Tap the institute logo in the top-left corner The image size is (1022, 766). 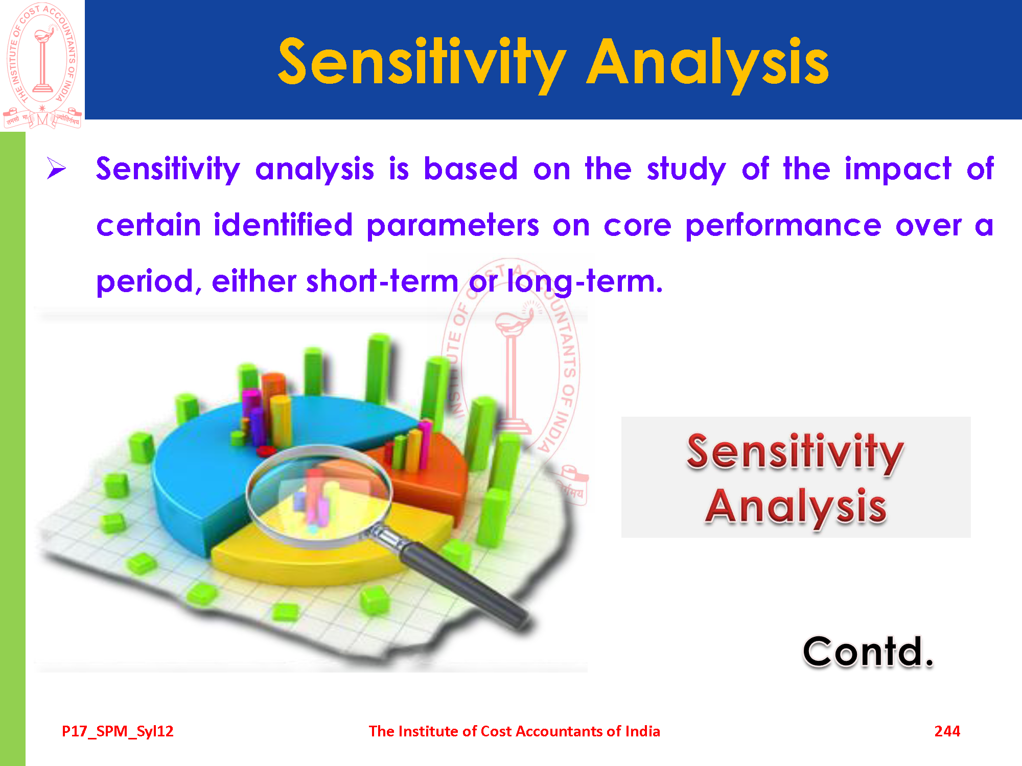pos(42,65)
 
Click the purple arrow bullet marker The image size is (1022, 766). pos(57,169)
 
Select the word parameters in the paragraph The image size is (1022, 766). pos(453,226)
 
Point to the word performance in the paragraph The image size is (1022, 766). pos(783,226)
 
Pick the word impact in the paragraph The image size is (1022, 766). pos(898,169)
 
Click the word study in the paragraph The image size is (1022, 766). pos(686,170)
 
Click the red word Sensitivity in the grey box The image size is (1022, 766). pos(795,451)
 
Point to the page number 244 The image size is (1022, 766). pos(947,731)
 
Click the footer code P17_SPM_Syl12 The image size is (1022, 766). pos(118,732)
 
